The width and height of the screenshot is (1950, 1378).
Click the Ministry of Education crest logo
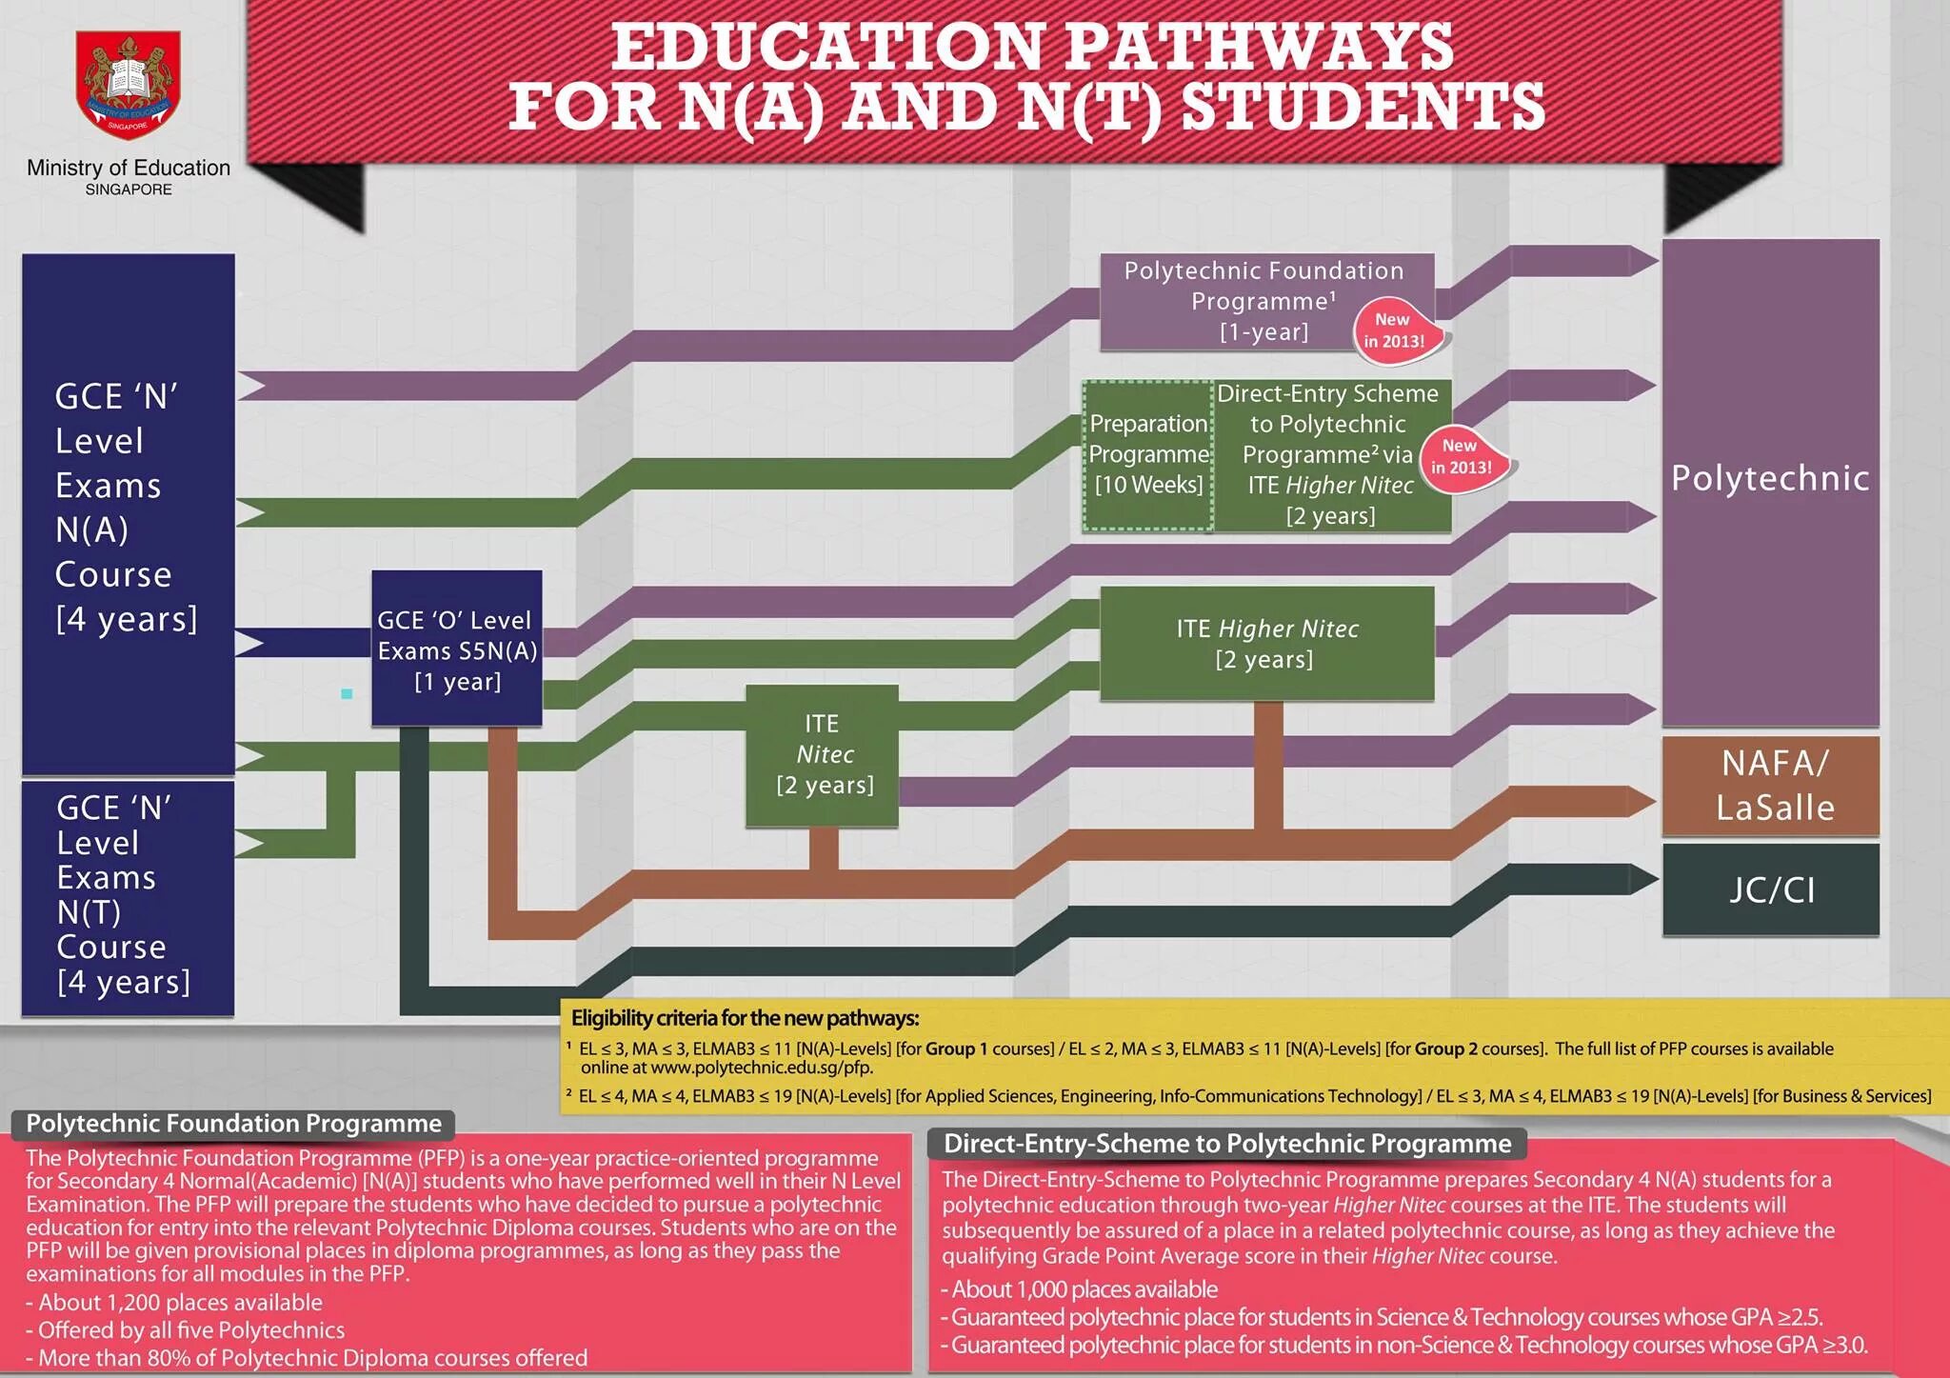coord(129,84)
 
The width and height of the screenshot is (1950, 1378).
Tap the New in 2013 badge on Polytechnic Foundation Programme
coord(1394,330)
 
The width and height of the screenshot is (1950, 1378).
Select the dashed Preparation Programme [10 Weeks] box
coord(1148,455)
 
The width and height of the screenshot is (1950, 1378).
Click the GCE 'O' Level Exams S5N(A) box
coord(457,649)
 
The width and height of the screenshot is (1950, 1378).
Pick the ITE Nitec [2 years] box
coord(823,754)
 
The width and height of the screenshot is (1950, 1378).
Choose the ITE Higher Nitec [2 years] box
coord(1266,643)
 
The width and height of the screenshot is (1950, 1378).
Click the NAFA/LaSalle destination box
coord(1771,786)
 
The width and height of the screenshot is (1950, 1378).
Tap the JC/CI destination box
coord(1771,889)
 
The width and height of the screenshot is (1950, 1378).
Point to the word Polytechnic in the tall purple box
coord(1770,478)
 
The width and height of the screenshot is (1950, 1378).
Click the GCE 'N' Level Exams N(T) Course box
coord(128,895)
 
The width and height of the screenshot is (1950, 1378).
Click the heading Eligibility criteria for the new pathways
coord(745,1018)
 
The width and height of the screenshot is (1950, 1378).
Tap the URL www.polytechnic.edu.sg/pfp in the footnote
coord(761,1068)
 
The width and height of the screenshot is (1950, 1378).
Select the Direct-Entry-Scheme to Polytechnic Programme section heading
coord(1226,1144)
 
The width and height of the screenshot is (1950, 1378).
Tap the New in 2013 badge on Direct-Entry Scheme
coord(1462,457)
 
